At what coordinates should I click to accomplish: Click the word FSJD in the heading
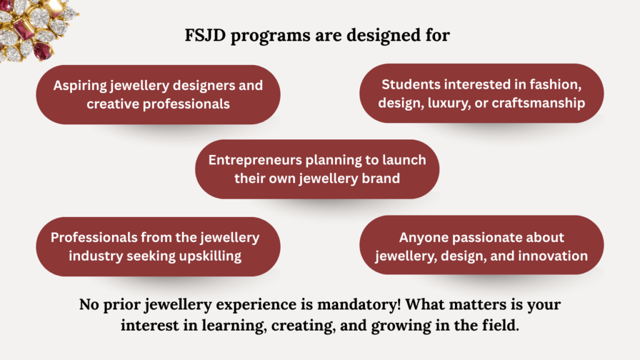coord(205,35)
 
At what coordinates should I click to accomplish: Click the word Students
coord(411,84)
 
